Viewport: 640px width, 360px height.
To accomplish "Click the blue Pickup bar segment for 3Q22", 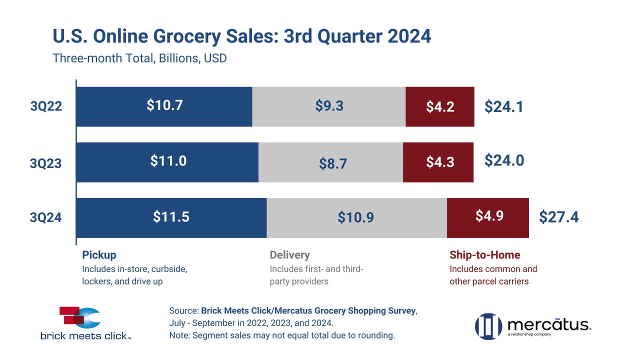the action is [164, 106].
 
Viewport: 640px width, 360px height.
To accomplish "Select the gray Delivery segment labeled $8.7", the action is [330, 162].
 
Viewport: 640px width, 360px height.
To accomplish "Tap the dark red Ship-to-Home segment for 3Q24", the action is [488, 217].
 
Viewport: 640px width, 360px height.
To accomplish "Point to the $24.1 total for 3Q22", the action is [503, 106].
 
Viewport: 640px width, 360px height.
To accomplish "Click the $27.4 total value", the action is [559, 217].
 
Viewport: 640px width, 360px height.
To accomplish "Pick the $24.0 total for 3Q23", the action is [504, 160].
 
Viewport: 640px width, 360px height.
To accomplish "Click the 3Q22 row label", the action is [46, 106].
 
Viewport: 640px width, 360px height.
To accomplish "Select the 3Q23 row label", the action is [45, 163].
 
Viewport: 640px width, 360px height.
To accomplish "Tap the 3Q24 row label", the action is [45, 217].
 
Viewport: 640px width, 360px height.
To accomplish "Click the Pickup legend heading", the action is [99, 255].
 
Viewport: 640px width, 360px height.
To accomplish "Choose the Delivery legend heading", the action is [289, 255].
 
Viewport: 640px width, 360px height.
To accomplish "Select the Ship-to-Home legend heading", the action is [485, 255].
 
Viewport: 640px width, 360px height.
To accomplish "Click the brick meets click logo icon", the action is [79, 317].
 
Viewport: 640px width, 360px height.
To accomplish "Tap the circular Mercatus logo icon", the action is [488, 326].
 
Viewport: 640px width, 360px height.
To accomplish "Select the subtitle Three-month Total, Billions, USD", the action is [139, 58].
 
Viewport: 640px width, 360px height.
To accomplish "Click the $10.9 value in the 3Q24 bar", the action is [355, 217].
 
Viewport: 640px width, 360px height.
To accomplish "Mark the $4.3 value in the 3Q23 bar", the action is [440, 162].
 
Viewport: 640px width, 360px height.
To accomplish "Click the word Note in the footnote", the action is [179, 335].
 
